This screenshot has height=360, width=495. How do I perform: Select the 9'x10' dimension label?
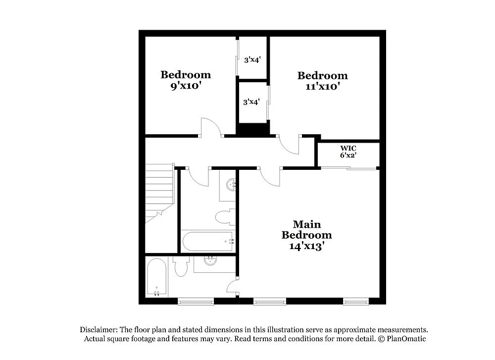186,85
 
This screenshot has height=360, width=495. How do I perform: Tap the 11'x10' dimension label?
322,86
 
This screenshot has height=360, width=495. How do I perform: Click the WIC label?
348,148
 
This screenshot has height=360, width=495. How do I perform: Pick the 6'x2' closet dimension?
348,155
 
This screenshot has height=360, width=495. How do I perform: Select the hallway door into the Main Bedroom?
270,177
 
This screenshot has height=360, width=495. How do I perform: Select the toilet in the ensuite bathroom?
180,267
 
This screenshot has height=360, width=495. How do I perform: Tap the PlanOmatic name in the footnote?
406,339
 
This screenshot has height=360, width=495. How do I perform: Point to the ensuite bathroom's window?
196,301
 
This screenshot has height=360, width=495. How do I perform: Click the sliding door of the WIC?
348,169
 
